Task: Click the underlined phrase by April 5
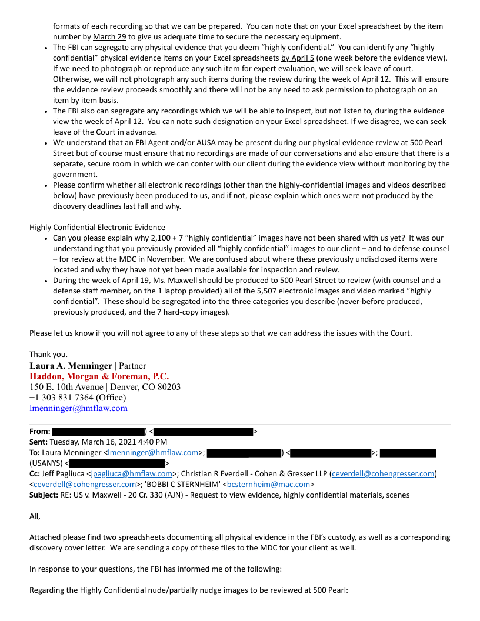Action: pyautogui.click(x=298, y=58)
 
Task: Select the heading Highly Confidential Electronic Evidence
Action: pyautogui.click(x=97, y=228)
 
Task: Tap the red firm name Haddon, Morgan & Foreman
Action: pyautogui.click(x=99, y=376)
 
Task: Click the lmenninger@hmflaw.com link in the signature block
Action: pyautogui.click(x=78, y=408)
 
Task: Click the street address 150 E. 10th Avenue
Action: pyautogui.click(x=66, y=387)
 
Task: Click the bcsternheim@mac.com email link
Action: pyautogui.click(x=268, y=484)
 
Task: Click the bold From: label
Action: pyautogui.click(x=39, y=432)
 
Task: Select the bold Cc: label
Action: pyautogui.click(x=35, y=473)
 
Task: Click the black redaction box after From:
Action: pyautogui.click(x=98, y=432)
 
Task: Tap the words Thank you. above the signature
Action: pyautogui.click(x=48, y=354)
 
